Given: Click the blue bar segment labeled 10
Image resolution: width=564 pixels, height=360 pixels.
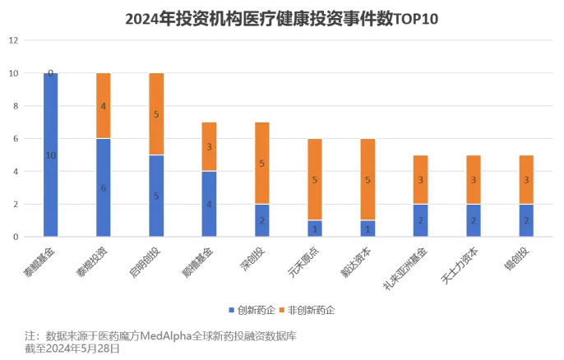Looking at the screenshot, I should click(50, 155).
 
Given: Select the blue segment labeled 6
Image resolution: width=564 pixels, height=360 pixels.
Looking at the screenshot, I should click(103, 187).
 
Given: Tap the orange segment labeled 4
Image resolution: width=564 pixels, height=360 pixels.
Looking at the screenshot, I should click(103, 105).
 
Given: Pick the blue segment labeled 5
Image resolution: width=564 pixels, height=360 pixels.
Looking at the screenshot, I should click(155, 196).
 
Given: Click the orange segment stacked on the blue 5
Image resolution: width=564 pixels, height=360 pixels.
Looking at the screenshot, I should click(155, 113).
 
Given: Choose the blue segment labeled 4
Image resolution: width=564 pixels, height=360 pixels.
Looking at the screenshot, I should click(209, 204).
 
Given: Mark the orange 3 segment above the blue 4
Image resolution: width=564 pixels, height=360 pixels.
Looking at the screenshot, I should click(209, 146).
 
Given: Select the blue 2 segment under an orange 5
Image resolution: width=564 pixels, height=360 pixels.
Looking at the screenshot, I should click(261, 220).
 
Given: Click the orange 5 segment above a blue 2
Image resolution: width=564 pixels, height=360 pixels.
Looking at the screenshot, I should click(261, 163).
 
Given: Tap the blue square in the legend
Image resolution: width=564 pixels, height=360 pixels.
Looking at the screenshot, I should click(231, 310).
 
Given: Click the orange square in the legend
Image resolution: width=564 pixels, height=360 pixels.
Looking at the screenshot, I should click(281, 310).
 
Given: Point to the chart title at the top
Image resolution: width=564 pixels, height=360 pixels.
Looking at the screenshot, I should click(282, 18).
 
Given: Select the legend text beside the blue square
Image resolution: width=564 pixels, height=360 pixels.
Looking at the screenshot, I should click(252, 310).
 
